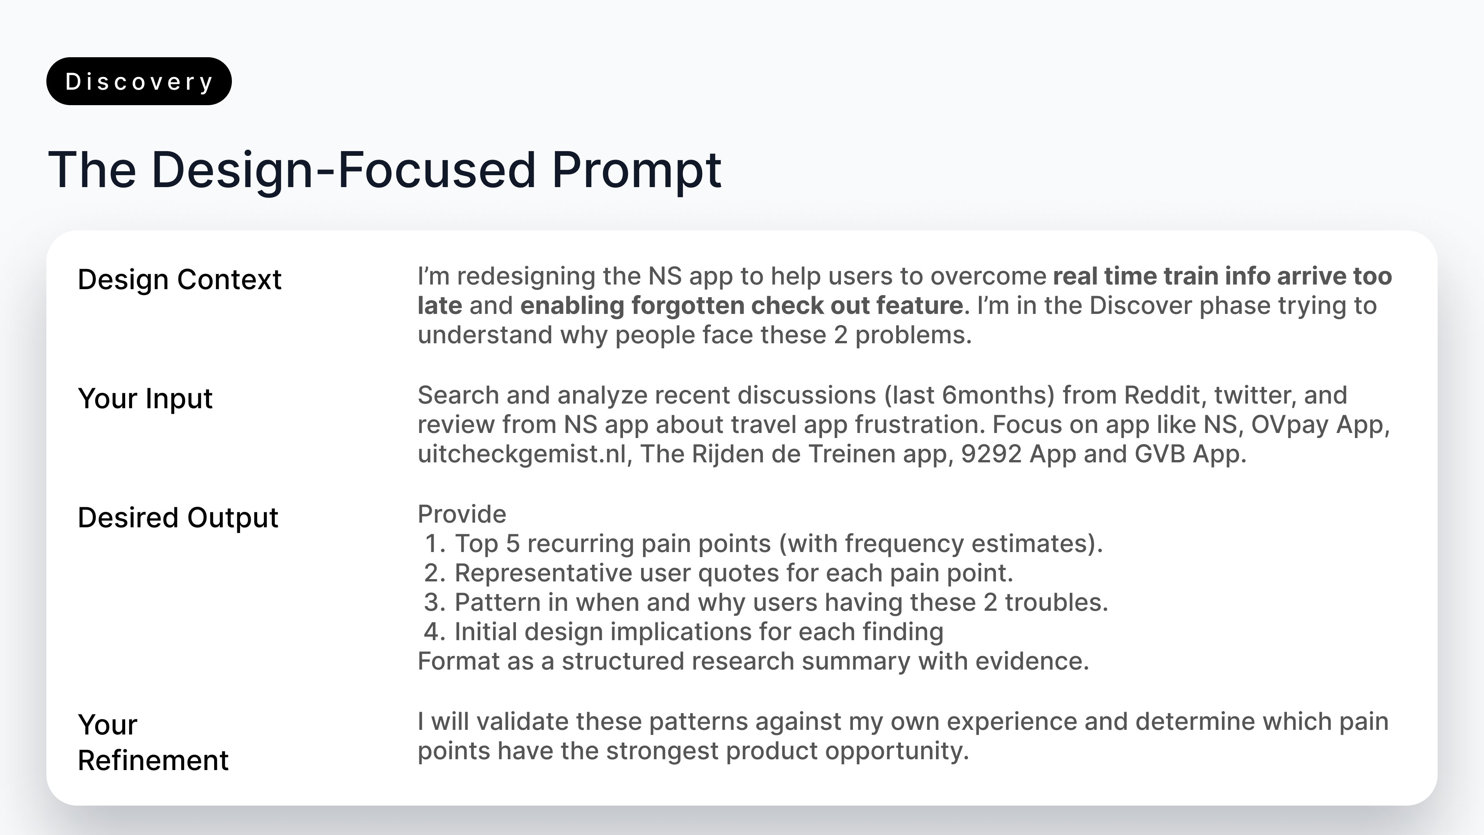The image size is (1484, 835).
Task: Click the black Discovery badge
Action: (139, 81)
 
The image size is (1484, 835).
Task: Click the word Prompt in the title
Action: (636, 170)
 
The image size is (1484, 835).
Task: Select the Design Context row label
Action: (180, 280)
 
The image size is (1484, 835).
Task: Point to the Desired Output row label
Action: (178, 518)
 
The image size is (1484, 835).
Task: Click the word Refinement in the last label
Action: (153, 760)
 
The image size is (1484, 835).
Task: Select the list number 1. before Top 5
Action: (435, 544)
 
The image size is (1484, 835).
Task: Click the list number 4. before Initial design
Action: (435, 632)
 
